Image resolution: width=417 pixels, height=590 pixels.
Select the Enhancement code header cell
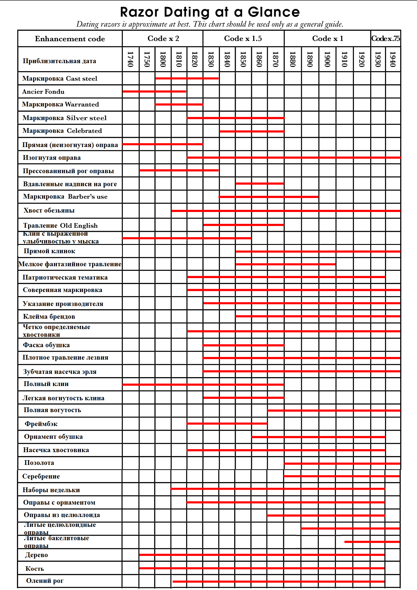[70, 39]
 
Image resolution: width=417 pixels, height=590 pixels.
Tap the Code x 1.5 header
[243, 39]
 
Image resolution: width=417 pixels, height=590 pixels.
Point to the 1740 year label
[130, 59]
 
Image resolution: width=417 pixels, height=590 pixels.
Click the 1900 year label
[327, 59]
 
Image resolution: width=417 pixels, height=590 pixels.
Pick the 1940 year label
[393, 59]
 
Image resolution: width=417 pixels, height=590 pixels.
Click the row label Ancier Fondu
[43, 92]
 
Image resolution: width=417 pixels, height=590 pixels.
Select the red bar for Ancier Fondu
[154, 92]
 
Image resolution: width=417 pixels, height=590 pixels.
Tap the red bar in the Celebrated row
[252, 131]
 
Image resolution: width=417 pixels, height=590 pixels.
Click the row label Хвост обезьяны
[49, 211]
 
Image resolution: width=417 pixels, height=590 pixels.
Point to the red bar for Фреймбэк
[227, 423]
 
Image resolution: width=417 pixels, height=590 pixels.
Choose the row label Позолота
[39, 463]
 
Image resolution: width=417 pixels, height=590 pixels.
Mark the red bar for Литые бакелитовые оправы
[372, 542]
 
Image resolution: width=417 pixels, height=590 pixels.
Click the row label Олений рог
[45, 581]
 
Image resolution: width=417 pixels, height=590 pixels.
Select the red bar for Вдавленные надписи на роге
[260, 184]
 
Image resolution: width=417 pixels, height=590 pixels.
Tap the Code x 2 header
[163, 39]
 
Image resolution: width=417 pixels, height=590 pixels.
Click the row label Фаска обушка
[46, 345]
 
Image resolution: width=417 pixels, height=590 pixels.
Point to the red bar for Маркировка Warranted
[179, 104]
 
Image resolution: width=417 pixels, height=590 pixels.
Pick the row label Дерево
[36, 555]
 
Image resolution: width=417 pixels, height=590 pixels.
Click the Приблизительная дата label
[60, 61]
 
